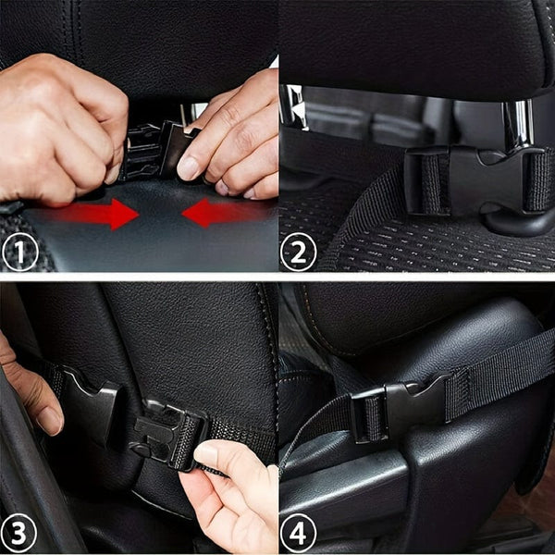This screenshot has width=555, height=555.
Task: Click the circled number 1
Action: point(21,250)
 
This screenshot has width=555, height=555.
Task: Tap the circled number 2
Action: point(298,250)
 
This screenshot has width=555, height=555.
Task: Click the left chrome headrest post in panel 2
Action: point(294,106)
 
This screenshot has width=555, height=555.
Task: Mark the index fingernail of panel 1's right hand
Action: point(189,168)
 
